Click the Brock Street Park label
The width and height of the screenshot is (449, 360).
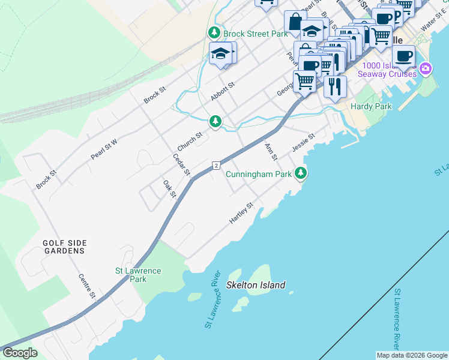(x=255, y=34)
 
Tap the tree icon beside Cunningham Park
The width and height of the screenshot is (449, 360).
(x=301, y=174)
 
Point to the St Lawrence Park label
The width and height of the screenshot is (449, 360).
(x=138, y=275)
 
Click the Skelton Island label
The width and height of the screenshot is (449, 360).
(x=256, y=285)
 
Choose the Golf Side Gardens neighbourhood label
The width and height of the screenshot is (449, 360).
(x=64, y=247)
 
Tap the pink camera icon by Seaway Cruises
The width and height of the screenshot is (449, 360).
(x=426, y=68)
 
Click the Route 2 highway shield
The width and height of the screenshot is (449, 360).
(x=215, y=165)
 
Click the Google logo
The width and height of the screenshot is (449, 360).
(x=19, y=353)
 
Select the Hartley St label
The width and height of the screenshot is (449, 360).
(x=242, y=214)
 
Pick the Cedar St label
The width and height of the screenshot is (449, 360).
(x=181, y=165)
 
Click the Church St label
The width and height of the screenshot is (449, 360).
(x=190, y=142)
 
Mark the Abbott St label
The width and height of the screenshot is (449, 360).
(x=221, y=92)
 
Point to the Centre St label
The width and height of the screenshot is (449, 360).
(x=87, y=286)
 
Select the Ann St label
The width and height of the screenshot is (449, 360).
(x=271, y=152)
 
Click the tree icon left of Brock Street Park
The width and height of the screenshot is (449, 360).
(x=213, y=32)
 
